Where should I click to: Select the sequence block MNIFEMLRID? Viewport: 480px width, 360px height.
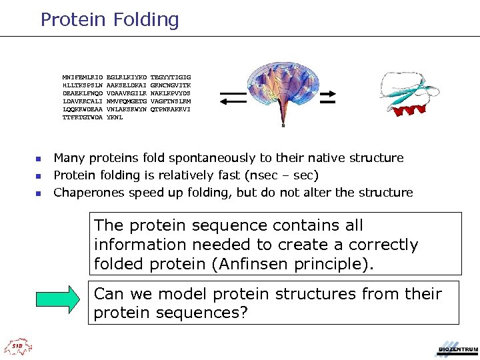(x=83, y=77)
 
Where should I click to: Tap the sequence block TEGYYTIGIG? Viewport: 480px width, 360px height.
(x=171, y=77)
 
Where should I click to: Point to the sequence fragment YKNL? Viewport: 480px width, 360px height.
(x=115, y=117)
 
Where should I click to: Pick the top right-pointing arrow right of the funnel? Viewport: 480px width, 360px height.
(x=327, y=93)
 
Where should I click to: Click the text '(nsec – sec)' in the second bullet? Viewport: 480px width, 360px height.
(x=282, y=175)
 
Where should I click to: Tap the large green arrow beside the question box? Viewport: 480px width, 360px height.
(x=61, y=302)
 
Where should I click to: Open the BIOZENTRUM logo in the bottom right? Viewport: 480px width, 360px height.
(x=457, y=348)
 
